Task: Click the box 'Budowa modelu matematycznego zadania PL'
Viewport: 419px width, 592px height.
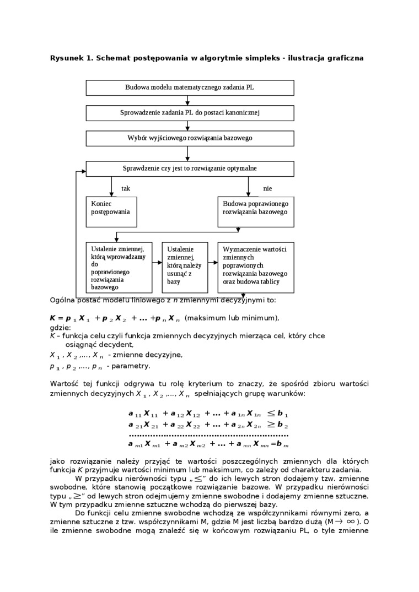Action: [190, 88]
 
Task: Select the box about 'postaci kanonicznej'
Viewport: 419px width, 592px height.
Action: [190, 113]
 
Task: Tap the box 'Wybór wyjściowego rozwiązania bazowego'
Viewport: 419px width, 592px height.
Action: [190, 138]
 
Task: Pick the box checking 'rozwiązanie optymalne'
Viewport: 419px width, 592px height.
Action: [190, 169]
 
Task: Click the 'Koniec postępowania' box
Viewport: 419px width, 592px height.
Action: [111, 211]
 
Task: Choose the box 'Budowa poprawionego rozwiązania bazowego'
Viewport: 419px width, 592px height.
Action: [256, 211]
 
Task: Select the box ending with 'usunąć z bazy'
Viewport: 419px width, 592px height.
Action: [184, 267]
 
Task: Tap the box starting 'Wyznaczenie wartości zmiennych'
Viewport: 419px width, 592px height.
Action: [256, 267]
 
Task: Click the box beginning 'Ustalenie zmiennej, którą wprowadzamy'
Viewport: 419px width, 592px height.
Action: [119, 267]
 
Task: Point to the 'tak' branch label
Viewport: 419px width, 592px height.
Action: [126, 188]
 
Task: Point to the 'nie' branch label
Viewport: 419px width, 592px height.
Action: [267, 188]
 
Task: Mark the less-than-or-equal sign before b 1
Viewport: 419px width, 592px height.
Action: [272, 413]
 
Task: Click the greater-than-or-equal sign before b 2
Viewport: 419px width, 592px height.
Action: [272, 425]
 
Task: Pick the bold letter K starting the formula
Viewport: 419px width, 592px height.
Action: [53, 318]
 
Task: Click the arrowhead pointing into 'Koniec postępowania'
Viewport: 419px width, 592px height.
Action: [111, 194]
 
